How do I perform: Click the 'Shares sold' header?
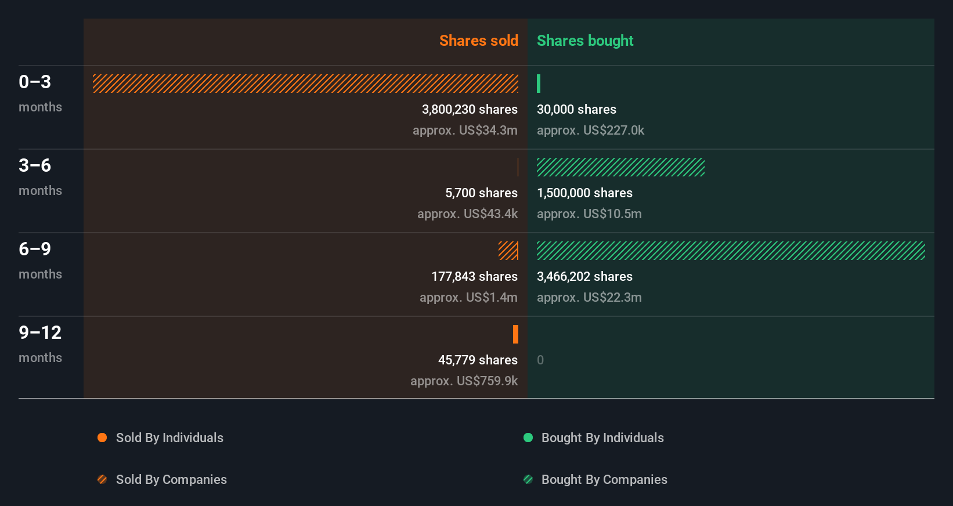478,41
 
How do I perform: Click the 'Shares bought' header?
584,41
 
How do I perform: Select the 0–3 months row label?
35,82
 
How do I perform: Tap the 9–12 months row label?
40,333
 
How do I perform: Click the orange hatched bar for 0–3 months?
305,84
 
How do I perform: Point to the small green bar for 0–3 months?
539,84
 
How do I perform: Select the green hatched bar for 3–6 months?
620,167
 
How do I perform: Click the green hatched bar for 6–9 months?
731,251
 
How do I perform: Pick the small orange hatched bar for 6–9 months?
508,251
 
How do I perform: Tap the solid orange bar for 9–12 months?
515,334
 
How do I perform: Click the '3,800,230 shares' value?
470,110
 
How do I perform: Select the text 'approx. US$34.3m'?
465,131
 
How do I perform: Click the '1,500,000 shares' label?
584,193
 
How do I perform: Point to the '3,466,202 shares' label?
584,277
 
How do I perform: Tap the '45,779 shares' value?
478,360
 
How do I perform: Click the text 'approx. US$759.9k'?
464,381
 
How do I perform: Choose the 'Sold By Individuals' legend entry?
169,438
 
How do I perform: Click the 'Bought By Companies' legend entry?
604,480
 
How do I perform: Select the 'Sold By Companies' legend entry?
171,480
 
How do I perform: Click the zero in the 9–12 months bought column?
540,360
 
